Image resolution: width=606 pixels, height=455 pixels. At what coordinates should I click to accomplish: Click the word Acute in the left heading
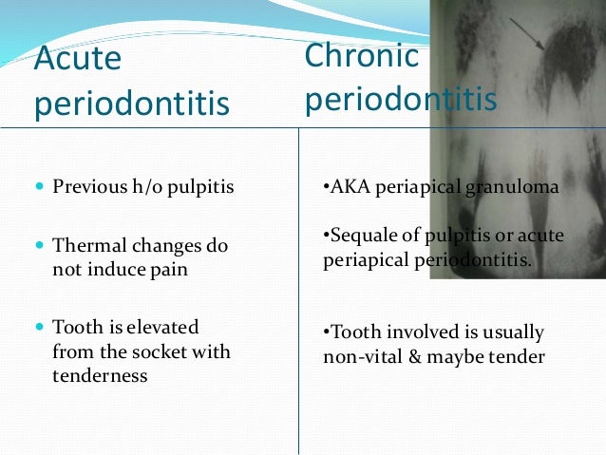point(78,59)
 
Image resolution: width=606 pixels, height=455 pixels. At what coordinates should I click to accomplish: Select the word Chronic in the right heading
point(362,55)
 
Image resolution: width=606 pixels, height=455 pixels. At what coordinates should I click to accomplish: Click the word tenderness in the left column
point(100,375)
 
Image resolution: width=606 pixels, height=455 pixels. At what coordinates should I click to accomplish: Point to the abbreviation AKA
point(348,187)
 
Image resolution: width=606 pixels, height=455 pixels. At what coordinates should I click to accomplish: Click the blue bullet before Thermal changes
point(39,246)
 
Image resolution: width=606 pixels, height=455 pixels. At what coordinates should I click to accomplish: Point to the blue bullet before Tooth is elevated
point(39,328)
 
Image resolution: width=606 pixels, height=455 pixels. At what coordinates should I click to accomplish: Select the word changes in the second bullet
point(161,245)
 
